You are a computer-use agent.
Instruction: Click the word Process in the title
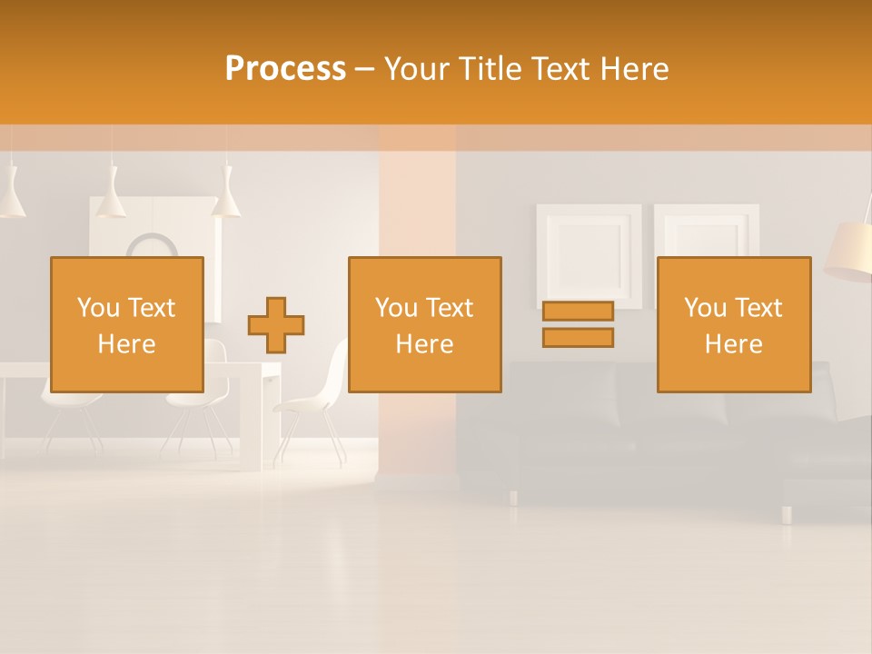(285, 69)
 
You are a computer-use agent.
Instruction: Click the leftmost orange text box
(127, 324)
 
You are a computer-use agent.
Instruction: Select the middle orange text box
(424, 324)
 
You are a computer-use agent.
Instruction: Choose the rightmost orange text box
(733, 324)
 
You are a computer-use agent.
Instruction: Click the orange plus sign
(276, 325)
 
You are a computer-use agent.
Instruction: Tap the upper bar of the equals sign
(578, 312)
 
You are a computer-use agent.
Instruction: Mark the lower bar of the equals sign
(578, 338)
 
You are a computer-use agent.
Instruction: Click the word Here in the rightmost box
(733, 344)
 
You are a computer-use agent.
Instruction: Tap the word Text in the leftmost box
(152, 308)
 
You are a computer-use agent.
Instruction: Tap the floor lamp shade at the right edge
(849, 250)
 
